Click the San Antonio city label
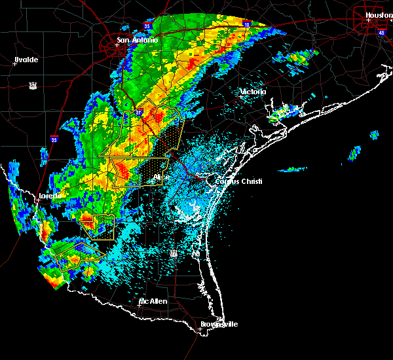click(x=137, y=40)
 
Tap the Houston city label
click(x=379, y=14)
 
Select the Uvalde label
click(x=26, y=60)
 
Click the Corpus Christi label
click(x=239, y=181)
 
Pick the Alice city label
click(x=161, y=177)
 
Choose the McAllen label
click(x=153, y=301)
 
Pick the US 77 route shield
click(x=174, y=253)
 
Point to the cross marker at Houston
click(x=368, y=20)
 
